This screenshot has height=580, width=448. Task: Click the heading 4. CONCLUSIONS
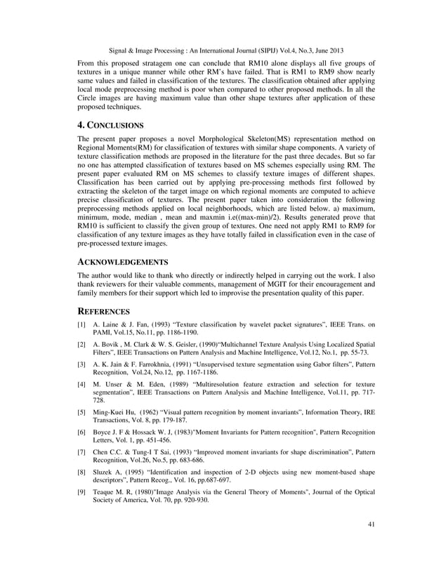[x=110, y=126]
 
